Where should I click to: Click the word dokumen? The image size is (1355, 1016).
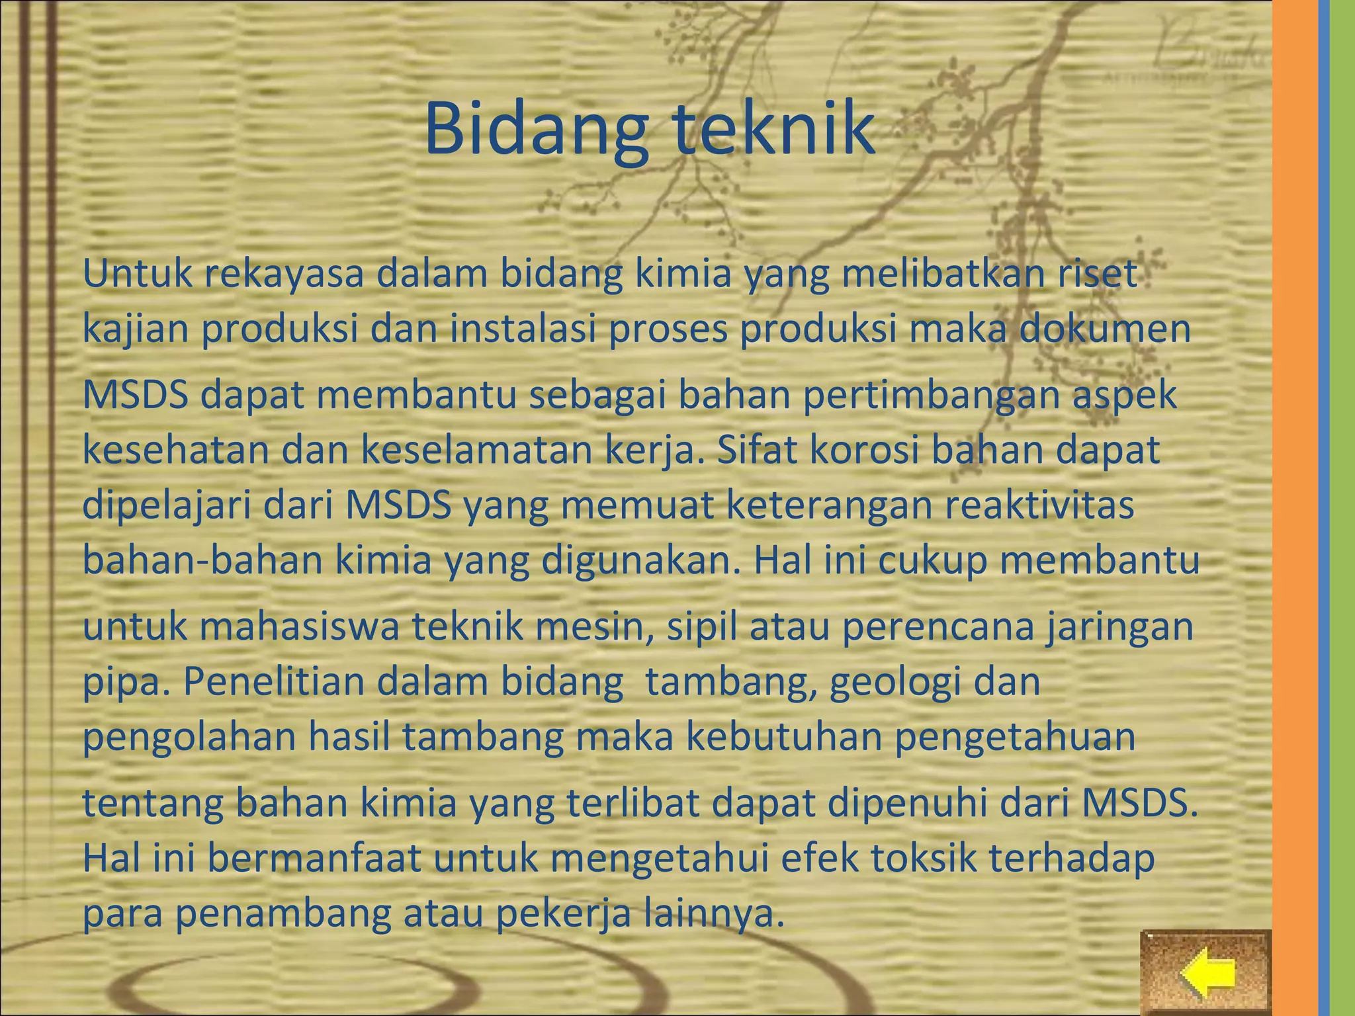[1104, 329]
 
